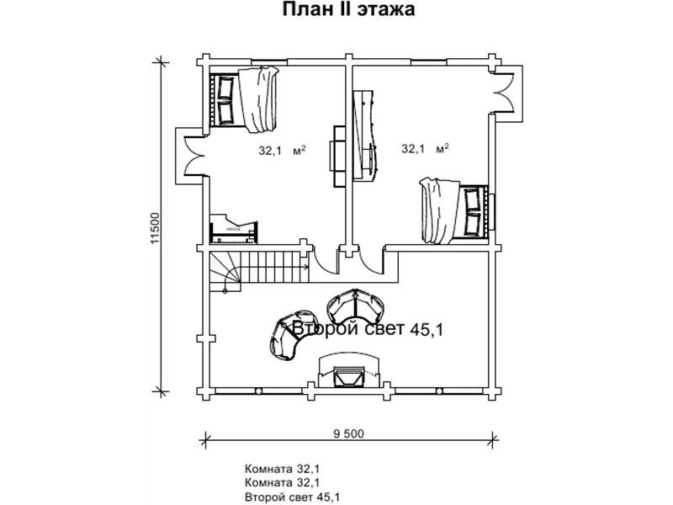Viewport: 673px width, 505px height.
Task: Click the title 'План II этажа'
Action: pyautogui.click(x=348, y=9)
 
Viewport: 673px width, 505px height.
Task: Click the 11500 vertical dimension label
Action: pyautogui.click(x=155, y=228)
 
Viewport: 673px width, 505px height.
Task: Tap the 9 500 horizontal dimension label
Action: pyautogui.click(x=348, y=433)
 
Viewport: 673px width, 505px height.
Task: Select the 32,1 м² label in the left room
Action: pyautogui.click(x=282, y=151)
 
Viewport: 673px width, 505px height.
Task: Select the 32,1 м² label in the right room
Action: pyautogui.click(x=425, y=149)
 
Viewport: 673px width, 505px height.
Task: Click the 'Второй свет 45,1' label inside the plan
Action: pyautogui.click(x=368, y=329)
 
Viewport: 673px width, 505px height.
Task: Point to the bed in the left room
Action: pyautogui.click(x=244, y=99)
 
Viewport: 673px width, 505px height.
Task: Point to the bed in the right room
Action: pyautogui.click(x=454, y=210)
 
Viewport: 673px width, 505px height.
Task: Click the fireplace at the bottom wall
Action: pyautogui.click(x=349, y=371)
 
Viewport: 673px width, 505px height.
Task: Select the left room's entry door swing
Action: pyautogui.click(x=325, y=260)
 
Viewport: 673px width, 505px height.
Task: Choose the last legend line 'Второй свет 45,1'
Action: pyautogui.click(x=292, y=497)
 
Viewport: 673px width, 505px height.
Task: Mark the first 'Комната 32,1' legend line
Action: pyautogui.click(x=282, y=468)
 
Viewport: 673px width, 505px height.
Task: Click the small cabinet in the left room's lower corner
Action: pyautogui.click(x=234, y=229)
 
